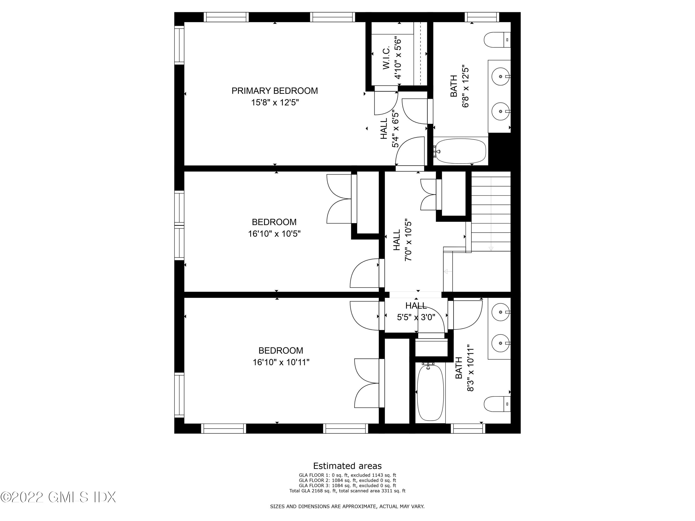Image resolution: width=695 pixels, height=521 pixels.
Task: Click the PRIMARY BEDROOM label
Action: [x=274, y=91]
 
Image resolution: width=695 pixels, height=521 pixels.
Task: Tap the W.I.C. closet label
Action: [x=386, y=58]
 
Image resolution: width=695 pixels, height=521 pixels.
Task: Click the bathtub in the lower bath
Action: [x=430, y=392]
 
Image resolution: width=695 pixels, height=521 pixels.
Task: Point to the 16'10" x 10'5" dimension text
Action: [x=274, y=234]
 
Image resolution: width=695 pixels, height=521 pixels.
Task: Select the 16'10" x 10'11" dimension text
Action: [x=281, y=362]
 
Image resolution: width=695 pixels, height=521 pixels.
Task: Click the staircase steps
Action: [x=491, y=213]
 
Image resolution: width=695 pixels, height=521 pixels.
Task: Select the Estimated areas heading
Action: [x=347, y=466]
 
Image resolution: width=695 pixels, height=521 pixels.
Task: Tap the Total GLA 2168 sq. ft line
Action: [x=347, y=490]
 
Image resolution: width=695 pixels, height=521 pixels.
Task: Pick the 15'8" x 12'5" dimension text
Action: [x=274, y=103]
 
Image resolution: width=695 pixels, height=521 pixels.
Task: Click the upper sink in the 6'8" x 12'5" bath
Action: [x=500, y=76]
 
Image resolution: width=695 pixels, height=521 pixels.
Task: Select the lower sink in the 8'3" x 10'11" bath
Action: [x=500, y=343]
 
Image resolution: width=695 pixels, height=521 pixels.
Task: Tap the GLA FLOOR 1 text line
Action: [x=347, y=475]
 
